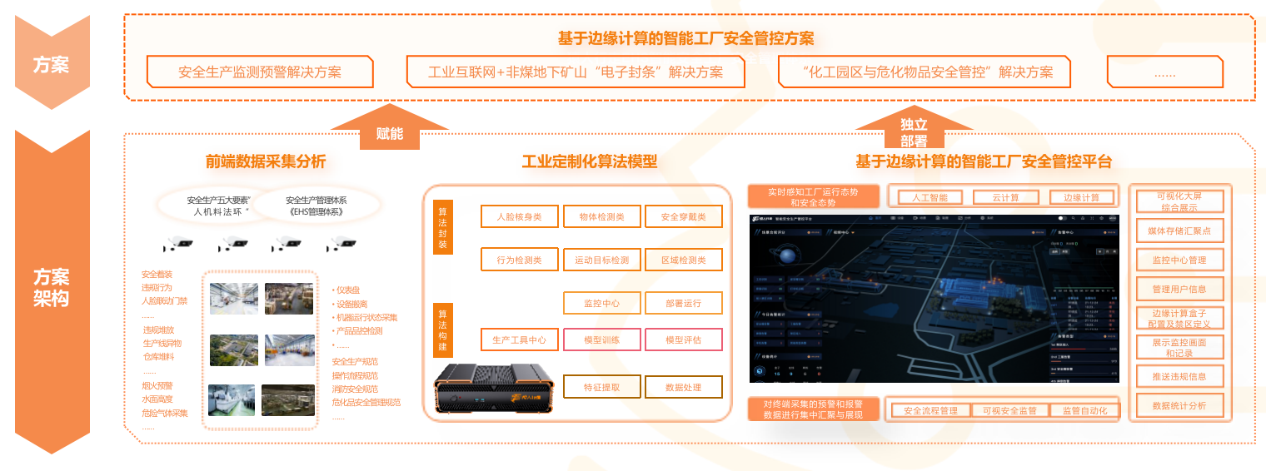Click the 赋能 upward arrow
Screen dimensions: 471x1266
389,129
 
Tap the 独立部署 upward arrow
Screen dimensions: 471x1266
914,129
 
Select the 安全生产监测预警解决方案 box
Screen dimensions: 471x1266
260,72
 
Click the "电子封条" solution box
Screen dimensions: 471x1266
576,72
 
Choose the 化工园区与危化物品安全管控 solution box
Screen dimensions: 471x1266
924,72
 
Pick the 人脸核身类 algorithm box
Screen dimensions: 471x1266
519,216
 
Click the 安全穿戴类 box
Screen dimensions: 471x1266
684,216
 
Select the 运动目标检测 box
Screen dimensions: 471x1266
601,260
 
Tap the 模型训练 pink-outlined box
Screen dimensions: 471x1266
601,340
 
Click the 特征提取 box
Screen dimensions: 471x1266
601,387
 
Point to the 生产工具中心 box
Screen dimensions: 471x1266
519,340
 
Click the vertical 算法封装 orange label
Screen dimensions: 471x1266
443,227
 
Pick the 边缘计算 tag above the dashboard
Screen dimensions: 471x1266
1081,197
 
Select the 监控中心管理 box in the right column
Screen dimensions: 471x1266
1179,260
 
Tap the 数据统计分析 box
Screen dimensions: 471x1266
1179,405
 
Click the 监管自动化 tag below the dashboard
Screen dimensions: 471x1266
1084,410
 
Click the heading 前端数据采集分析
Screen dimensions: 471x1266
266,161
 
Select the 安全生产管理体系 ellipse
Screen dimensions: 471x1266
316,206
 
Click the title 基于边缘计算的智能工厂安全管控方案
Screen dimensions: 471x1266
685,38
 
